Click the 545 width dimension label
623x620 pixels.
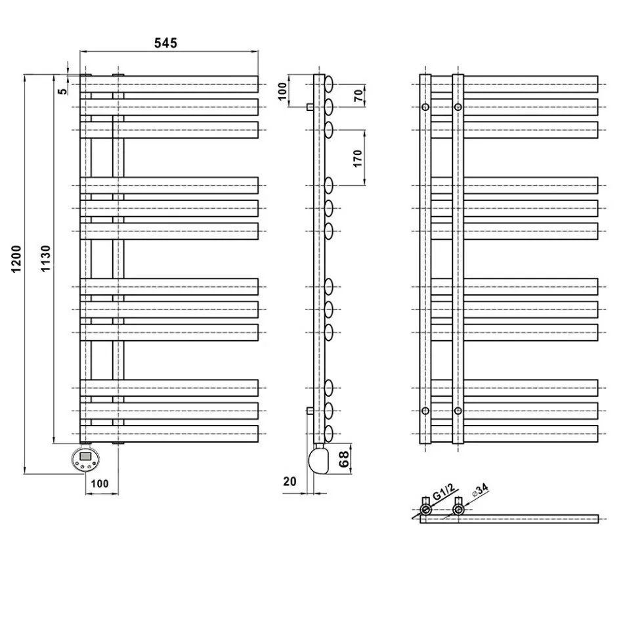click(x=165, y=43)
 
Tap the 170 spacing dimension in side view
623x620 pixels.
click(x=358, y=158)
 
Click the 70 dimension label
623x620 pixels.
click(x=358, y=94)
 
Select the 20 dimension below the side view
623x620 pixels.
click(x=290, y=481)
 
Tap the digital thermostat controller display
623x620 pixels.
click(x=85, y=456)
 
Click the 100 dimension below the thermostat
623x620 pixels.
click(x=100, y=483)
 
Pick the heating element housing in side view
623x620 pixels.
click(x=321, y=458)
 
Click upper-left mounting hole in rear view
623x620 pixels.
click(x=425, y=106)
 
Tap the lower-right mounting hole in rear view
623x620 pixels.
click(x=458, y=411)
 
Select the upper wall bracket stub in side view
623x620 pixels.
click(x=309, y=106)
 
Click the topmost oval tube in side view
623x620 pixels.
click(x=329, y=83)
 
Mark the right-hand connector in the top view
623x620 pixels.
click(x=458, y=509)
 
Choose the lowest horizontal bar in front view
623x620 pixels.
click(x=169, y=433)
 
